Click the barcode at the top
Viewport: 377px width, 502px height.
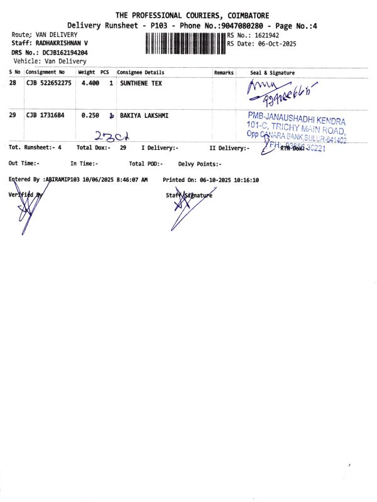[185, 43]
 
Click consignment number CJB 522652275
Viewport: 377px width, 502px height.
[49, 83]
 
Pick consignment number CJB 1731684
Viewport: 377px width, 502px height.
[45, 115]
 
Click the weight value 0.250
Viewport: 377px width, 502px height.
[90, 115]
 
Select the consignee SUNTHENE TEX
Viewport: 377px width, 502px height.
[141, 83]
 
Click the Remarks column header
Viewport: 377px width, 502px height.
[224, 73]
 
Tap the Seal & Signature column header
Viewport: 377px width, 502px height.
[272, 73]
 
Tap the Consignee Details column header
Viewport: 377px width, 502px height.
[141, 73]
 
